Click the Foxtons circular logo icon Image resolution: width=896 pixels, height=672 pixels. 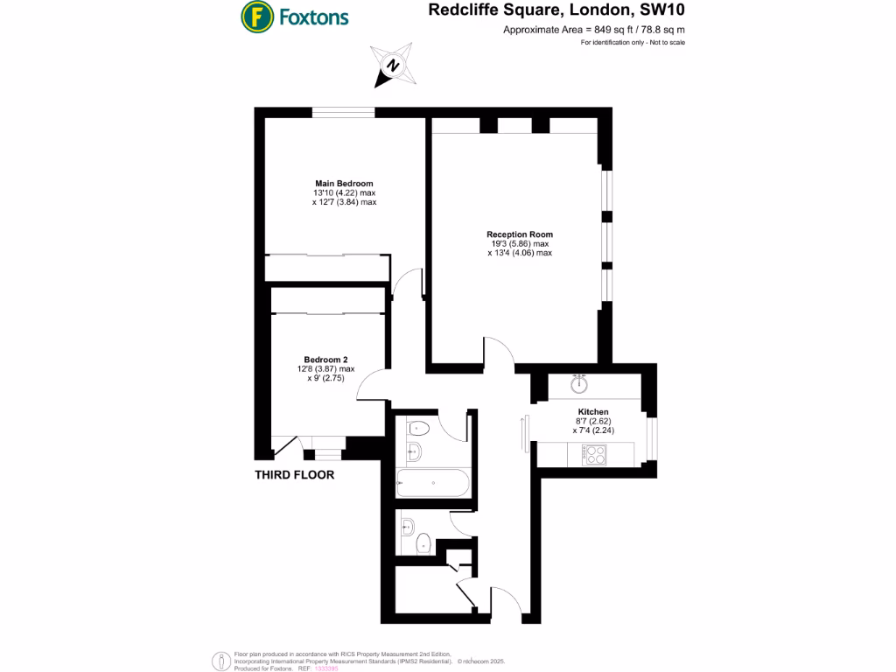[x=257, y=17]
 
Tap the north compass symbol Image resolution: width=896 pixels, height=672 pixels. [x=393, y=65]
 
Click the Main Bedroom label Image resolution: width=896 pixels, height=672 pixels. [x=344, y=184]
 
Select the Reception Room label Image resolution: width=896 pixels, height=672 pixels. [x=520, y=234]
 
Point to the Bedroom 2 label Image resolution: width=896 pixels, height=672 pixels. [x=325, y=360]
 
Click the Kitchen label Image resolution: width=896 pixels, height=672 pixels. [x=593, y=411]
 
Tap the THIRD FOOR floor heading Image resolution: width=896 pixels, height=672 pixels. [x=294, y=475]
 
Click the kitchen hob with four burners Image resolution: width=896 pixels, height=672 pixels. [x=594, y=455]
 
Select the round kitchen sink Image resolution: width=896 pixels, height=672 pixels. [x=579, y=384]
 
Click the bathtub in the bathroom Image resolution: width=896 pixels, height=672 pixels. [x=433, y=483]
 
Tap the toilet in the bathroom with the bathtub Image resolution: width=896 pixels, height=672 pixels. [x=418, y=427]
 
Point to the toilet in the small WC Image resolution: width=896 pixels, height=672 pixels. [x=423, y=543]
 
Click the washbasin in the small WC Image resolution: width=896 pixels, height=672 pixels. [x=408, y=527]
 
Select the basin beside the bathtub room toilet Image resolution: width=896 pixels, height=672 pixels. [x=414, y=451]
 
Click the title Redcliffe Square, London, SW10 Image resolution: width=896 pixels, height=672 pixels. [x=556, y=10]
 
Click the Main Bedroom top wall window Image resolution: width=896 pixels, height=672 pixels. [x=343, y=113]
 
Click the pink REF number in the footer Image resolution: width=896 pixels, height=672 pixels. [x=326, y=668]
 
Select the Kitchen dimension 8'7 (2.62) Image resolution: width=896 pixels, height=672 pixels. [x=593, y=421]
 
